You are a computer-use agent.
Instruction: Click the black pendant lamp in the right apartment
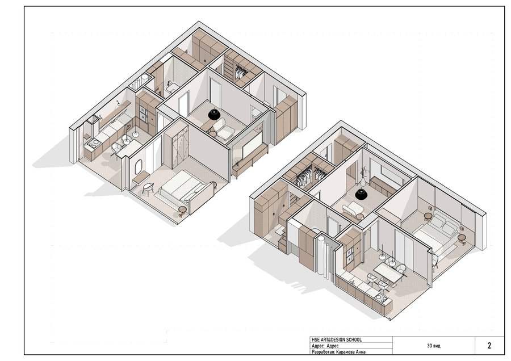[x=362, y=194]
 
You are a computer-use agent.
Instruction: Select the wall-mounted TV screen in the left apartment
[x=252, y=144]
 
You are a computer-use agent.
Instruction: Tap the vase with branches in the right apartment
[x=363, y=177]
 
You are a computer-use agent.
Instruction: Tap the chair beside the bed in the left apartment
[x=148, y=189]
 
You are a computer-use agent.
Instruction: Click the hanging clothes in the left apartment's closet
[x=241, y=71]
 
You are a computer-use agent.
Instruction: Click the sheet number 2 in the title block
[x=489, y=346]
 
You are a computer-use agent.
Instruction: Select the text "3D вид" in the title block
[x=434, y=346]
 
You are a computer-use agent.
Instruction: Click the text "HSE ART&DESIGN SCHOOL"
[x=337, y=340]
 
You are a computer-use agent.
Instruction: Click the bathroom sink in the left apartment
[x=171, y=87]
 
